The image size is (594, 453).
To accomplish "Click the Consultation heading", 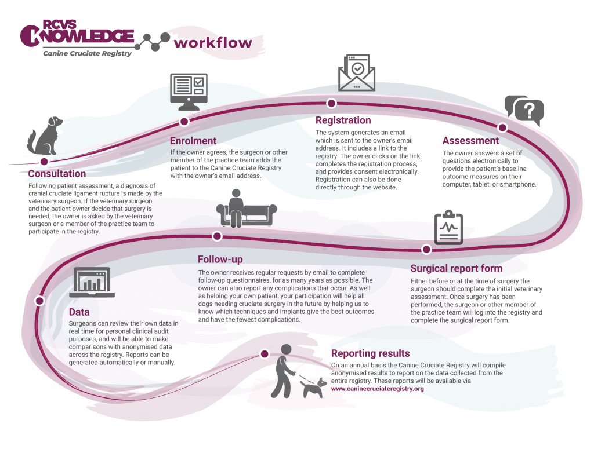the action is [57, 174].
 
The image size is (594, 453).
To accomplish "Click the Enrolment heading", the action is [193, 141].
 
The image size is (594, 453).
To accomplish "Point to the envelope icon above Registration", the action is [357, 73].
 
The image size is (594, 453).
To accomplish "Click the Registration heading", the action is [343, 120].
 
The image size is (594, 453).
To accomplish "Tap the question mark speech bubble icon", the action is [524, 111].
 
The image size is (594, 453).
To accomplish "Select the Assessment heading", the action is [470, 141].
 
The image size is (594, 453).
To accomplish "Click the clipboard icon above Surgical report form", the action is [448, 228].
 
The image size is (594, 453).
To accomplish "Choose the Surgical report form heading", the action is [457, 268].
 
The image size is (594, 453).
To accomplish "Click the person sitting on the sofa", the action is [236, 208].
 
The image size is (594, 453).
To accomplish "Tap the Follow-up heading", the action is [220, 260].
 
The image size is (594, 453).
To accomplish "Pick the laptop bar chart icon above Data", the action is [92, 282].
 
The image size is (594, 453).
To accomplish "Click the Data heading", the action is [79, 312].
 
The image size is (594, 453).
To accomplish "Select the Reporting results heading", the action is [371, 353].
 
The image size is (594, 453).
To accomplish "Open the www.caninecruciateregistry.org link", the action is [377, 389].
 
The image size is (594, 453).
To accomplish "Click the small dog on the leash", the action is [313, 388].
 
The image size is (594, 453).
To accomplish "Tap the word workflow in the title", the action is [213, 43].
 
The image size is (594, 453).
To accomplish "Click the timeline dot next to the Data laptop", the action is [39, 301].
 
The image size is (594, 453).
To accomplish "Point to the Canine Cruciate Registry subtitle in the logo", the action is [87, 53].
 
